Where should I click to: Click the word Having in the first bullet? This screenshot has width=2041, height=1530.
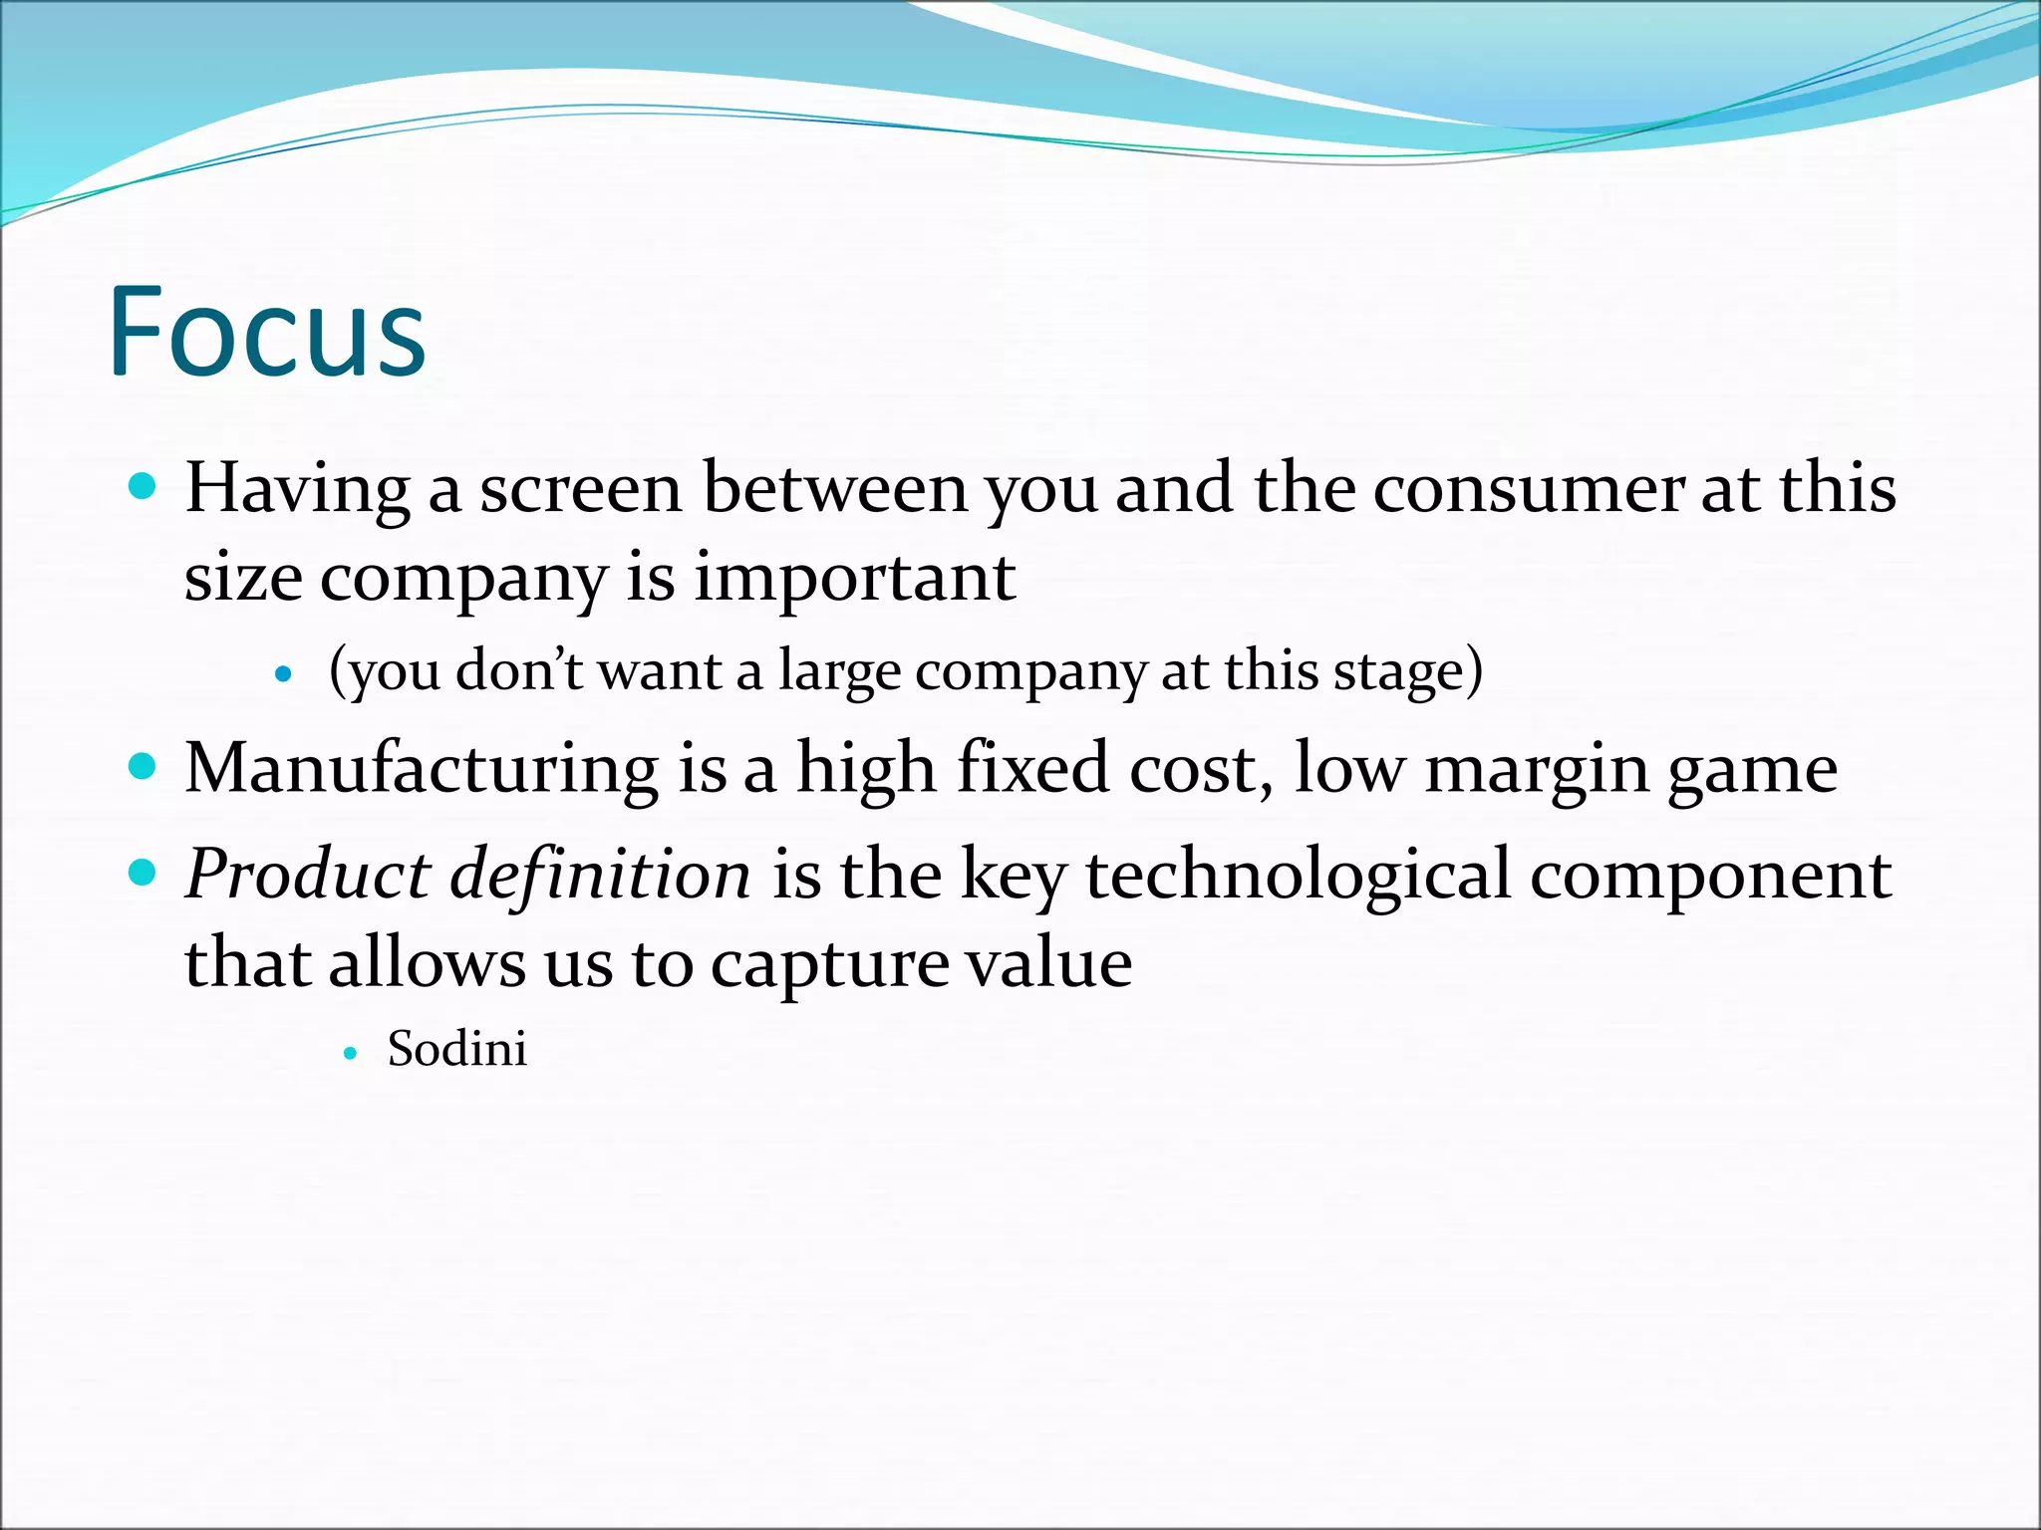(x=297, y=490)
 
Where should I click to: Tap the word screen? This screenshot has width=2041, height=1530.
(x=580, y=490)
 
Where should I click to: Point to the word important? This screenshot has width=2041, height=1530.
(x=854, y=578)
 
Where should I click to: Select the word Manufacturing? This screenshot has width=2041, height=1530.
(x=422, y=770)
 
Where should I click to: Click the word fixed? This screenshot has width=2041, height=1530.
(x=1032, y=770)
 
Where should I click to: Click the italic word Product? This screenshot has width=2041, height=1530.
(x=307, y=876)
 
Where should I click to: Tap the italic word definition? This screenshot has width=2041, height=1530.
(x=601, y=876)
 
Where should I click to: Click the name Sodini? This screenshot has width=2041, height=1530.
(x=456, y=1050)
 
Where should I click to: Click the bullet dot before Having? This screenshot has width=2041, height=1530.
(x=144, y=487)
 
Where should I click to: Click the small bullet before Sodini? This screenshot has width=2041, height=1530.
(x=350, y=1052)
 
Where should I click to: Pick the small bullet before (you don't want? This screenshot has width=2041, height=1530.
(x=284, y=674)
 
